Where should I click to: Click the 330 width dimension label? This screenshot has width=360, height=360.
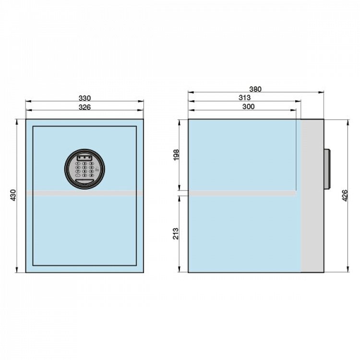coord(84,98)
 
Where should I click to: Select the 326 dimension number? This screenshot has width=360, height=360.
coord(84,107)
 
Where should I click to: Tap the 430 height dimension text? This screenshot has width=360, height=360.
coord(14,195)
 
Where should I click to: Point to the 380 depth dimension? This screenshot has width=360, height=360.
coord(255,89)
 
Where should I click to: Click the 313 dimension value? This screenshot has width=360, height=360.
coord(245,97)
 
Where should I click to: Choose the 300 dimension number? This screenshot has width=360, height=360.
coord(249,107)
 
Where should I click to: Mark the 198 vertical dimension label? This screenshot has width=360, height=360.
coord(176,155)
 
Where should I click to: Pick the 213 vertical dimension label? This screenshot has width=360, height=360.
coord(176,233)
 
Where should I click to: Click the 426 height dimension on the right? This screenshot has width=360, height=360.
coord(345,196)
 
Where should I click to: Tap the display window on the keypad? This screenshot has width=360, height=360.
coord(84,158)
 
